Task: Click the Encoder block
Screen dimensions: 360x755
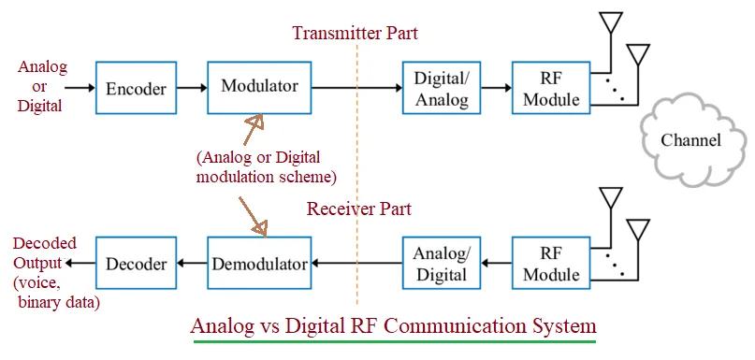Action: pos(136,89)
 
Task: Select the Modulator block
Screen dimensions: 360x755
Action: pos(259,87)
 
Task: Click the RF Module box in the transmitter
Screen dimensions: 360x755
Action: pos(551,88)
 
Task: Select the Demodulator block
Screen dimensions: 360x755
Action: pos(259,264)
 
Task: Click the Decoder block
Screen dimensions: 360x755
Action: pos(136,264)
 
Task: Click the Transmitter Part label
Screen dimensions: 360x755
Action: pos(355,34)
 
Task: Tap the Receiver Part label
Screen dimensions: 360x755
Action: pos(358,209)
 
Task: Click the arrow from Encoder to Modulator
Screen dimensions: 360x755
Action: pos(191,89)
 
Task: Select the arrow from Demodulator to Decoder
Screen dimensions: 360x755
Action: pos(192,264)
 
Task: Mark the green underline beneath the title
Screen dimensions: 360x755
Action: pos(393,342)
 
